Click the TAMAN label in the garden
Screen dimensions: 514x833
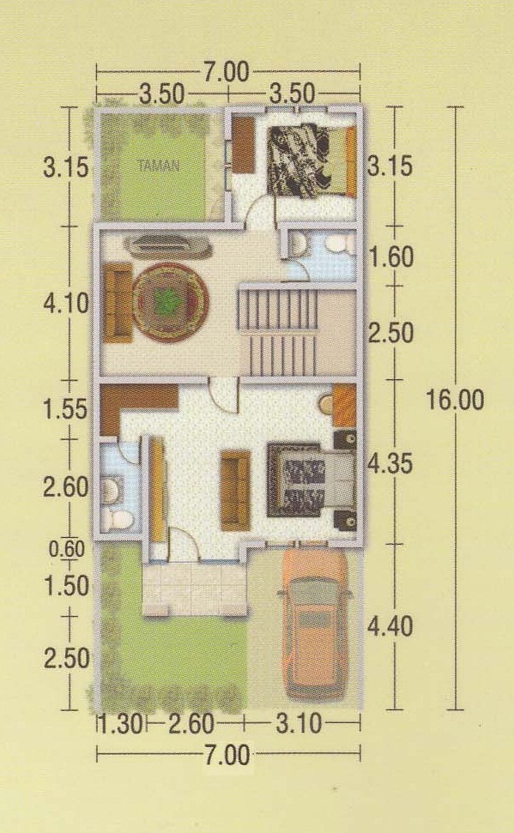point(159,166)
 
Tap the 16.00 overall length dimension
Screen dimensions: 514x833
point(455,400)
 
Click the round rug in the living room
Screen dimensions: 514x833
point(170,302)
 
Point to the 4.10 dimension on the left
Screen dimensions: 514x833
point(66,304)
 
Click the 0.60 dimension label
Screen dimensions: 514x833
point(67,549)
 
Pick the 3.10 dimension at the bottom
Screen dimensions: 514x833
point(299,723)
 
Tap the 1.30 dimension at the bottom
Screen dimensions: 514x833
point(121,723)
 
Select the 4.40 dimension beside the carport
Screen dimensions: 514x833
point(390,627)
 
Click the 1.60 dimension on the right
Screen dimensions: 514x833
point(391,257)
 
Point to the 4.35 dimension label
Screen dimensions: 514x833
point(390,464)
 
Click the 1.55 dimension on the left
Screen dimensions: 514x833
point(65,409)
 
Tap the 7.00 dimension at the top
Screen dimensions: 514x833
point(226,72)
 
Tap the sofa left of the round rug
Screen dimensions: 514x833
point(118,302)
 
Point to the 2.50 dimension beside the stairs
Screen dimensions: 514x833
point(391,333)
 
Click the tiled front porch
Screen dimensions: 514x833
point(195,589)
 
